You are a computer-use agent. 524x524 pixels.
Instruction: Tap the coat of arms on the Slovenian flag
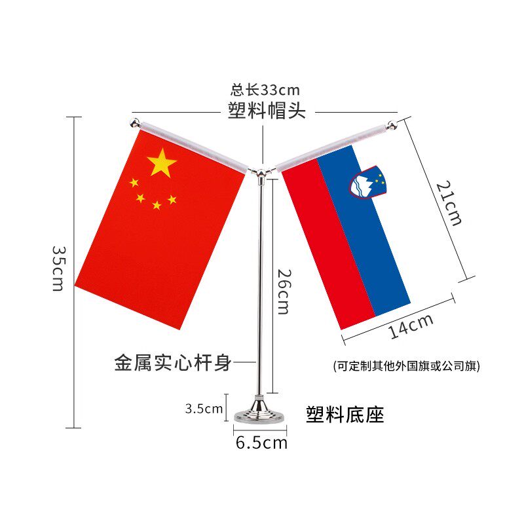pyautogui.click(x=369, y=182)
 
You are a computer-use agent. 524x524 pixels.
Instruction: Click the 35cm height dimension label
pyautogui.click(x=58, y=269)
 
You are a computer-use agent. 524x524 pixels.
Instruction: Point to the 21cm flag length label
pyautogui.click(x=449, y=204)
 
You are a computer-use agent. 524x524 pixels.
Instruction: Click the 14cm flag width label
pyautogui.click(x=411, y=326)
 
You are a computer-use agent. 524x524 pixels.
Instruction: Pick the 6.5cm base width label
pyautogui.click(x=261, y=443)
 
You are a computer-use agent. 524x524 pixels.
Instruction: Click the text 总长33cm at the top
pyautogui.click(x=265, y=90)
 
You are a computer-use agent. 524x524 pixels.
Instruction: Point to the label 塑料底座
pyautogui.click(x=345, y=414)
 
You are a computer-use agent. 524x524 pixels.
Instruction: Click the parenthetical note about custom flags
pyautogui.click(x=406, y=366)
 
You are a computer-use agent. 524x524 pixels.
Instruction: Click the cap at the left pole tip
pyautogui.click(x=135, y=122)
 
